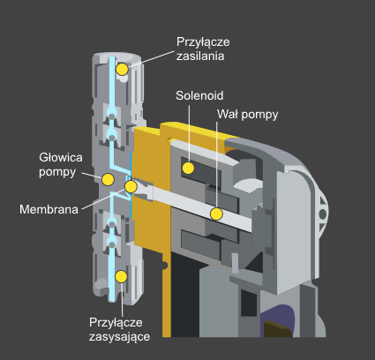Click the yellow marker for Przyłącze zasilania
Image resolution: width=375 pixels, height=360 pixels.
point(122,69)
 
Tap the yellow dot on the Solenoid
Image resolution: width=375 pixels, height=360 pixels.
point(188,168)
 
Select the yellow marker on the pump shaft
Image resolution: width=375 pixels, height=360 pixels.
point(216,214)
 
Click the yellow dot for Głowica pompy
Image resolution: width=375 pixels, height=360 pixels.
point(108,179)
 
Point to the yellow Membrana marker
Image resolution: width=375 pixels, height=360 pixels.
point(131,186)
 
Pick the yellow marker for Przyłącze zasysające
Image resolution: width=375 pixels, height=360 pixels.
point(121,276)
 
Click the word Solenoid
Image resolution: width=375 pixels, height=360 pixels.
point(199,95)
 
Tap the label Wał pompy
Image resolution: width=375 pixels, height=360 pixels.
point(248,115)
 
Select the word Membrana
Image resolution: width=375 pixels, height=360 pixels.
point(49,209)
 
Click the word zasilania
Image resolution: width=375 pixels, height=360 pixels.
point(200,56)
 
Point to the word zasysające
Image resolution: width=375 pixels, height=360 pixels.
point(119,337)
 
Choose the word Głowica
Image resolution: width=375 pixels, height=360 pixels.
point(61,158)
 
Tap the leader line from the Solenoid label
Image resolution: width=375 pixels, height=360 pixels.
point(189,133)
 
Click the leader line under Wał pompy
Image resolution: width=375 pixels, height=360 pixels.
point(217,165)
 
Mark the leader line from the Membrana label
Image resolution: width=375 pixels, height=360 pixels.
point(104,199)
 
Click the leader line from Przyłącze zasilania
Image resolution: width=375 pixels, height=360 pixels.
point(152,59)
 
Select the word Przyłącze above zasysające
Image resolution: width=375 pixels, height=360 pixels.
point(116,323)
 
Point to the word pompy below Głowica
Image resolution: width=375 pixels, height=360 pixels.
point(57,172)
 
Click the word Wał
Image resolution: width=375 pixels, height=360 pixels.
point(227,114)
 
